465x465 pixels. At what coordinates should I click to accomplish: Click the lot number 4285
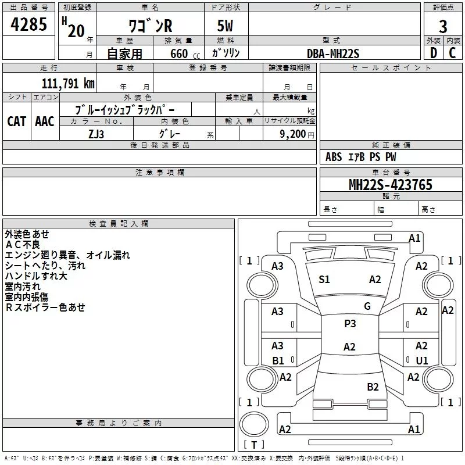coord(28,24)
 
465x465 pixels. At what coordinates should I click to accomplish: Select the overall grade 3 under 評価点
coord(443,27)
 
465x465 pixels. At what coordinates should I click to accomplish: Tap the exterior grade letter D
coord(434,53)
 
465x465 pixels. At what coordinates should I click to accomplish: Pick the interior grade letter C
coord(452,53)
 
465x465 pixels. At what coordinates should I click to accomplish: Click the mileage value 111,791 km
coord(68,83)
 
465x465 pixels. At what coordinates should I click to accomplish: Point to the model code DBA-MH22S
coord(333,53)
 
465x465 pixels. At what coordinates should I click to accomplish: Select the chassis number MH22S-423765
coord(391,185)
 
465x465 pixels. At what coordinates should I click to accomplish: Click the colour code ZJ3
coord(96,134)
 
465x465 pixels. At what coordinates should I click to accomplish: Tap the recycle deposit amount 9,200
coord(293,134)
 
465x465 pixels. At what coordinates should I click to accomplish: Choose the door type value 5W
coord(225,26)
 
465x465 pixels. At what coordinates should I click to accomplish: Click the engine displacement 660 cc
coord(185,54)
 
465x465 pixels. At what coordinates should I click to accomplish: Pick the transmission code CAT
coord(16,121)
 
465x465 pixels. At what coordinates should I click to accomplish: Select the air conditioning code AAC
coord(45,121)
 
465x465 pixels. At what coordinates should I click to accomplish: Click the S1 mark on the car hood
coord(324,280)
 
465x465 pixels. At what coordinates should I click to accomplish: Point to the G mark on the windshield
coord(367,306)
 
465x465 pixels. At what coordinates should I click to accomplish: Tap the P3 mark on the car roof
coord(350,324)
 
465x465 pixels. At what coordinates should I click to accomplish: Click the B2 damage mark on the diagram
coord(373,387)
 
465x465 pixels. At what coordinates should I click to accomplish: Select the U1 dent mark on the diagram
coord(422,360)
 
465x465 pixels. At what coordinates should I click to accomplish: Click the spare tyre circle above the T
coord(254,424)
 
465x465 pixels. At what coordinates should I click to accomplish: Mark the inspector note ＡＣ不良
coord(23,245)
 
